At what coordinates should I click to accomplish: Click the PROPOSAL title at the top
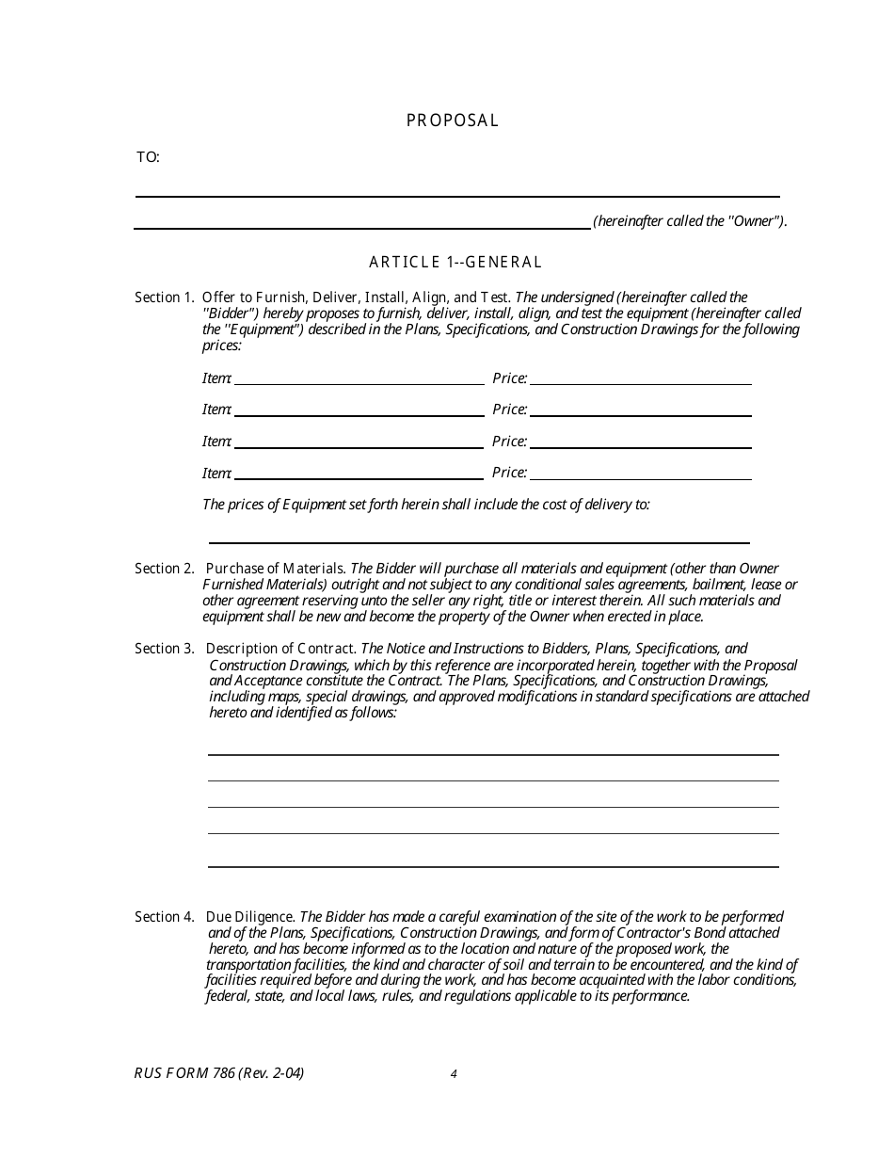tap(453, 121)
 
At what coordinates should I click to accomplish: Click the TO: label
tap(148, 157)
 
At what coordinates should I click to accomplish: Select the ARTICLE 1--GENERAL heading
tap(455, 263)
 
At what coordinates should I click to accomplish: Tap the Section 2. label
tap(164, 569)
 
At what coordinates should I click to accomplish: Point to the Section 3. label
tap(164, 649)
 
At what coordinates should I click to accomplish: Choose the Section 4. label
tap(164, 917)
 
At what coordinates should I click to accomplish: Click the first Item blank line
tap(359, 382)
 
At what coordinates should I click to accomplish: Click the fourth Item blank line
tap(359, 477)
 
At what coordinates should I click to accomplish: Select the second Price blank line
tap(641, 414)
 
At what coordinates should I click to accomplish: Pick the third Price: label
tap(509, 442)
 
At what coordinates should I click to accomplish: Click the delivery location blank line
tap(478, 541)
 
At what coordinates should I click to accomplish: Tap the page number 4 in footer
tap(454, 1073)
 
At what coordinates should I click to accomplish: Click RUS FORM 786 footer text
tap(219, 1072)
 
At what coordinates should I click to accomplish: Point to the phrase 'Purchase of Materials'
tap(276, 569)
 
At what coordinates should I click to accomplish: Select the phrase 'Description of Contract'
tap(280, 649)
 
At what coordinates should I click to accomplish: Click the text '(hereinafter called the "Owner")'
tap(690, 222)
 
